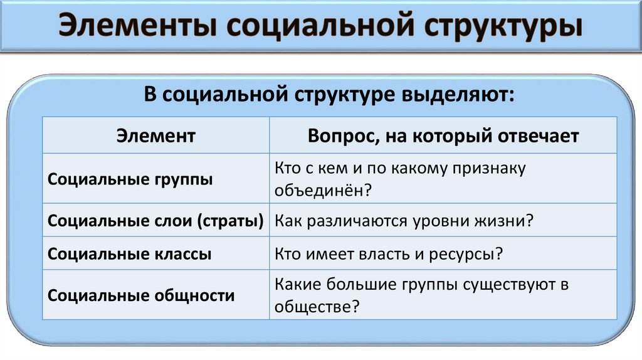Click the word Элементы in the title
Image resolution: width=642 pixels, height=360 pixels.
(x=135, y=28)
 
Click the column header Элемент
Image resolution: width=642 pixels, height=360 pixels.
(x=156, y=135)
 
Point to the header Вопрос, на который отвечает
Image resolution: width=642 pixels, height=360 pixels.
(x=443, y=135)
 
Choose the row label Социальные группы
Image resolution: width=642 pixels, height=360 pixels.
(x=130, y=179)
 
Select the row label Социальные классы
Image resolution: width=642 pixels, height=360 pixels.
(x=130, y=255)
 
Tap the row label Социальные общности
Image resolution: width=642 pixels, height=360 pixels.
(x=141, y=295)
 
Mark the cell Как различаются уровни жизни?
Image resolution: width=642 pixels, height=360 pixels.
(x=404, y=221)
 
